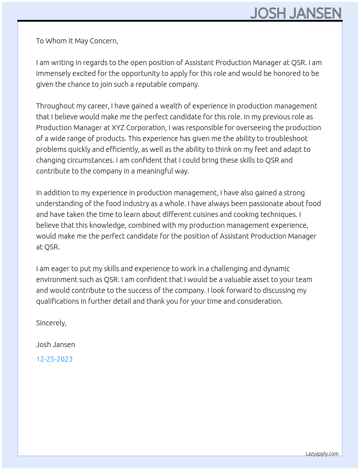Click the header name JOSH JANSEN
296,13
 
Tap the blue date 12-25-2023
54,359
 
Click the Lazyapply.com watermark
322,454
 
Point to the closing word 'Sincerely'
51,323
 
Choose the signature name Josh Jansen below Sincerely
55,345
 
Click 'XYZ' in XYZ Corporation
118,128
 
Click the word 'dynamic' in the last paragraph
277,269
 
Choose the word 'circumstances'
75,160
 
